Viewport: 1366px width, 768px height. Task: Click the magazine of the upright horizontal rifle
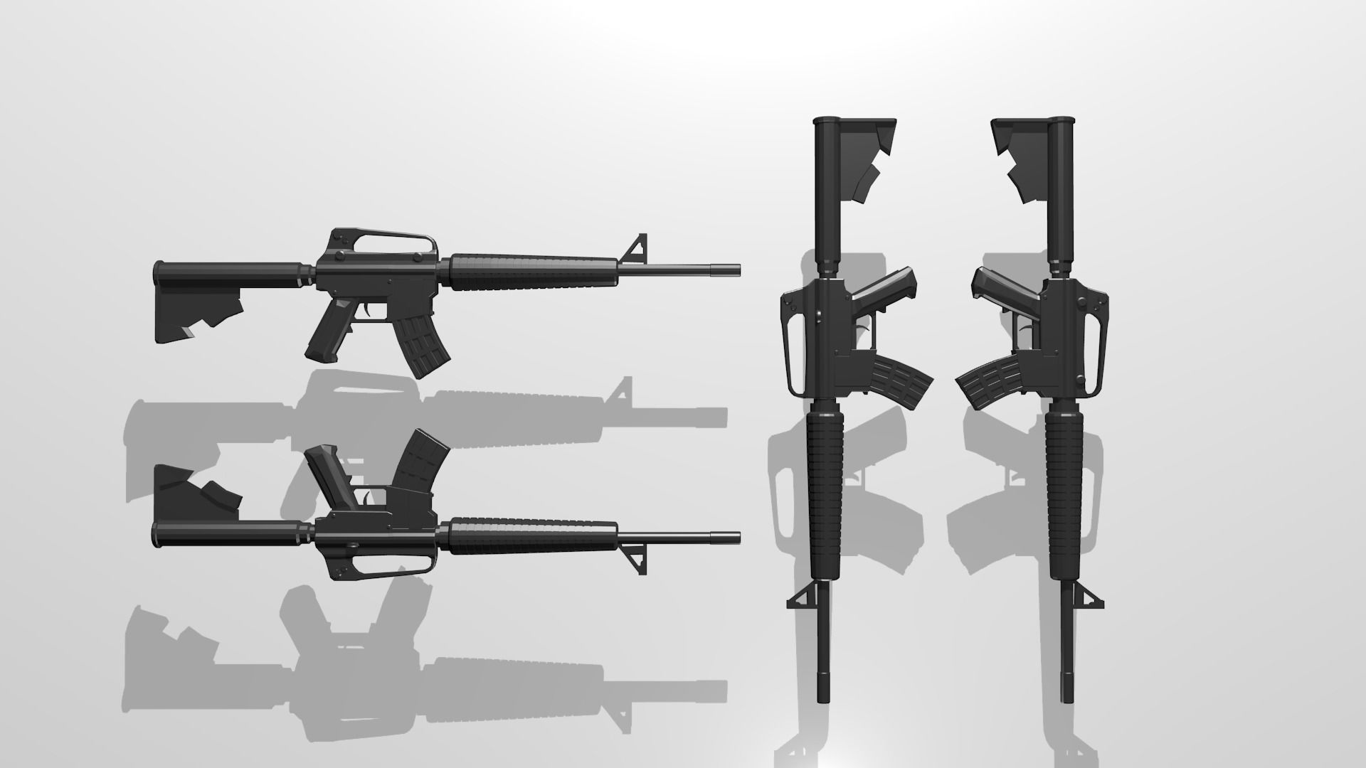click(422, 344)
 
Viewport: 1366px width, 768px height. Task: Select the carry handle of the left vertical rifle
click(792, 353)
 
